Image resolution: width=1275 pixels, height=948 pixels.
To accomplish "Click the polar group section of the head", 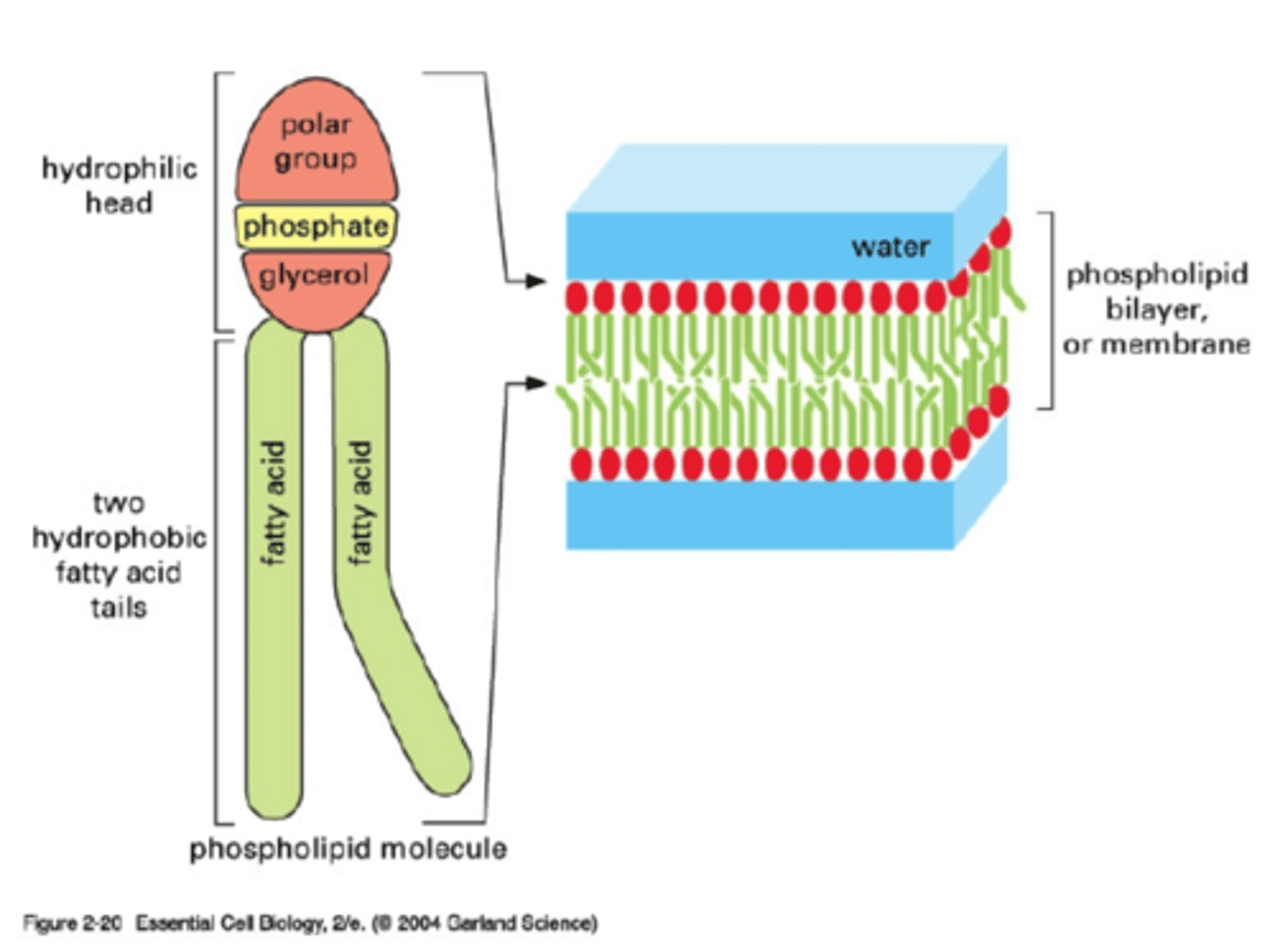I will tap(316, 142).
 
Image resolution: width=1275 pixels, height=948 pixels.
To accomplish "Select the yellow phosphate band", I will tap(315, 227).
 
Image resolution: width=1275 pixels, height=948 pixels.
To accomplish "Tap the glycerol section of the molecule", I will tap(313, 276).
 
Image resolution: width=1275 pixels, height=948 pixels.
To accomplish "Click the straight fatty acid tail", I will tap(274, 566).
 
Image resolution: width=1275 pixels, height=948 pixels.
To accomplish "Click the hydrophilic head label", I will tap(120, 185).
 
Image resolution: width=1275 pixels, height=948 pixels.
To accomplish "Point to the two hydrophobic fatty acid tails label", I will tap(119, 555).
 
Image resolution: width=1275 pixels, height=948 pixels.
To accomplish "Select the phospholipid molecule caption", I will tap(348, 849).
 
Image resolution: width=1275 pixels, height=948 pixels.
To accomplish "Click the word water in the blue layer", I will tap(890, 247).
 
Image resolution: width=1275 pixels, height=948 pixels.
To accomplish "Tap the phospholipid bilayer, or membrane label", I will tap(1156, 309).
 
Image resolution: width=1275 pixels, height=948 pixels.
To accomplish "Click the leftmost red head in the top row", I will tap(576, 297).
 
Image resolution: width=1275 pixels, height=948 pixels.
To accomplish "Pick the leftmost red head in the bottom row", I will tap(581, 464).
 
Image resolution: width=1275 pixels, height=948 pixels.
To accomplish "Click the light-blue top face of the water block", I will tap(788, 177).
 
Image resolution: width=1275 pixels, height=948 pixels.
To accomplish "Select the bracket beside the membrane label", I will tap(1049, 310).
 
